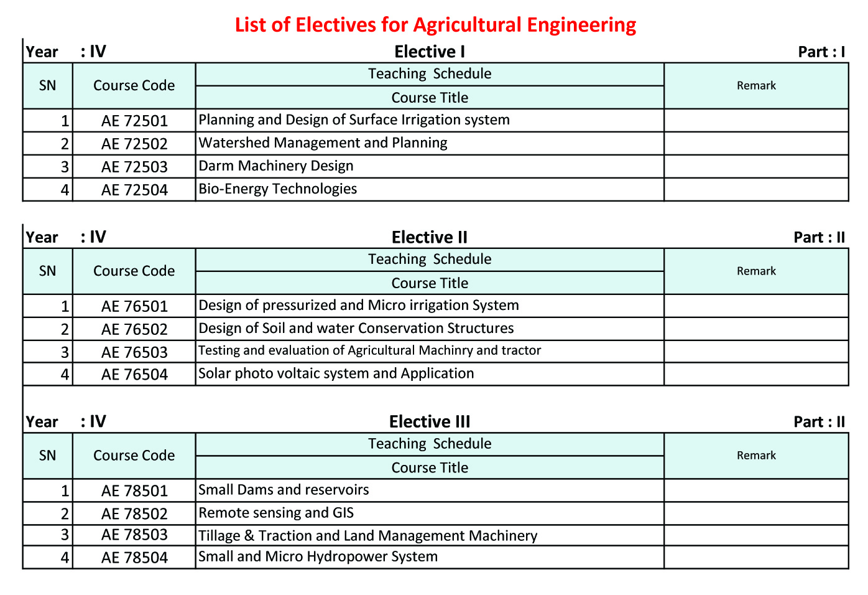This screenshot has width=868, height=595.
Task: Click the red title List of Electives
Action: (435, 25)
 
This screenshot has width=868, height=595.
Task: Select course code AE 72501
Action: (134, 121)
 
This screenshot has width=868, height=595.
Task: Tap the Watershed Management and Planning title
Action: (323, 143)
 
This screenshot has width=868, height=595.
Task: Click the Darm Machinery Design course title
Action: (275, 166)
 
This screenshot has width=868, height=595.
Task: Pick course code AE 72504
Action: (134, 190)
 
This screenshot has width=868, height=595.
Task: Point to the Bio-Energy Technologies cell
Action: (277, 189)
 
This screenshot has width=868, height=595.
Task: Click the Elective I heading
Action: (430, 52)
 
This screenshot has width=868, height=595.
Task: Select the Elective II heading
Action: (430, 237)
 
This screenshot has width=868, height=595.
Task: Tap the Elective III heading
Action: (430, 422)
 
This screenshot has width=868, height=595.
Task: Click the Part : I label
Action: (821, 52)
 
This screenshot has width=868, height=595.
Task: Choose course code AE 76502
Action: (134, 329)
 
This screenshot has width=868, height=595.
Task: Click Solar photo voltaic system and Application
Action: (336, 373)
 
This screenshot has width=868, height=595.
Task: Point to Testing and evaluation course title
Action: (369, 350)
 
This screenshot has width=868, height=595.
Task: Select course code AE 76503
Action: (134, 352)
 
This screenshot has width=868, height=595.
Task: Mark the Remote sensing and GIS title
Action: (275, 513)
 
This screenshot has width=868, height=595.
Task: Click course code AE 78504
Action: (134, 558)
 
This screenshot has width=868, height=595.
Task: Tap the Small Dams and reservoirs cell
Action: (284, 490)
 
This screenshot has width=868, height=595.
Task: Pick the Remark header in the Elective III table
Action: (756, 456)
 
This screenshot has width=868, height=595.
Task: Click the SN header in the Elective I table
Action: (47, 86)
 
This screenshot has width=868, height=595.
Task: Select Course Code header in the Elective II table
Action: (134, 271)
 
